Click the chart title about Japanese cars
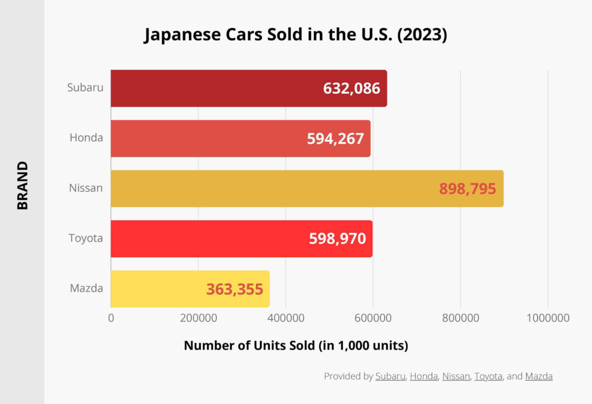pyautogui.click(x=295, y=35)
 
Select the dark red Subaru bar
pyautogui.click(x=214, y=88)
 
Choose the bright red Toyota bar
pyautogui.click(x=208, y=239)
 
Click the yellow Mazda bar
pyautogui.click(x=156, y=289)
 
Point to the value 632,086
pyautogui.click(x=351, y=88)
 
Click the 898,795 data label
pyautogui.click(x=468, y=189)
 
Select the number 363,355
pyautogui.click(x=235, y=289)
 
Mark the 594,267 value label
pyautogui.click(x=335, y=139)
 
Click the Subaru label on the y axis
pyautogui.click(x=85, y=88)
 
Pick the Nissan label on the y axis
pyautogui.click(x=86, y=188)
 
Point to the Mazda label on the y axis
pyautogui.click(x=86, y=288)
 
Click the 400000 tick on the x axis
pyautogui.click(x=286, y=318)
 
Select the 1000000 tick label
pyautogui.click(x=547, y=318)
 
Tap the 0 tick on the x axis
pyautogui.click(x=111, y=318)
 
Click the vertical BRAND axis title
pyautogui.click(x=22, y=186)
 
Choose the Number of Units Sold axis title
pyautogui.click(x=296, y=346)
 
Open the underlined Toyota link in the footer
pyautogui.click(x=489, y=376)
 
